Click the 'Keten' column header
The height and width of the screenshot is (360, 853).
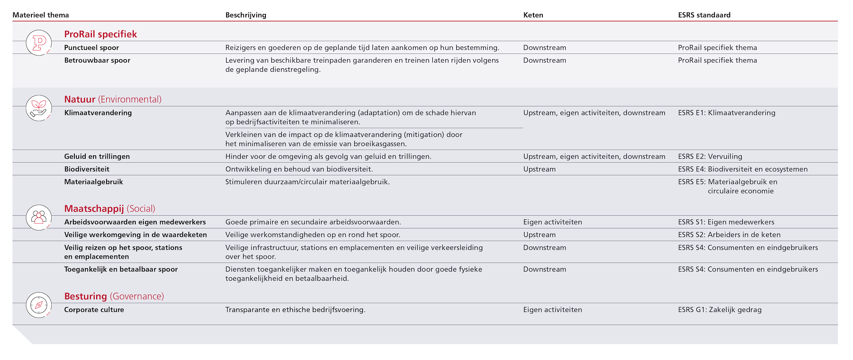533,15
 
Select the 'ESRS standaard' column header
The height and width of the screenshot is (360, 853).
704,15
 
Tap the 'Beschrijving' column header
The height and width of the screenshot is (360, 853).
246,15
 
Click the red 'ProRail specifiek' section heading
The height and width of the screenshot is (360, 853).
100,34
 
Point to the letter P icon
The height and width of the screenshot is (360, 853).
39,43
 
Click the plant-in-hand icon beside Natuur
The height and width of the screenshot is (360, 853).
39,108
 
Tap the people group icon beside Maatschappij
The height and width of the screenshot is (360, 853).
39,217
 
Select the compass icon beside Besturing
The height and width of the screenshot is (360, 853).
39,305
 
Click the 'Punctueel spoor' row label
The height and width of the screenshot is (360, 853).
92,48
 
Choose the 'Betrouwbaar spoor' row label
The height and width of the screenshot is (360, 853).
97,61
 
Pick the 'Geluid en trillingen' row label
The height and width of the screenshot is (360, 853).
97,157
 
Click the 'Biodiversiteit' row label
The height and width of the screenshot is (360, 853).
87,169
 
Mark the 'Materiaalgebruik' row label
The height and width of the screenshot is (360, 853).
93,182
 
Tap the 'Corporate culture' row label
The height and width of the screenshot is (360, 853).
94,310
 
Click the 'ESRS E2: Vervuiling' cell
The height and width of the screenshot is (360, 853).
710,157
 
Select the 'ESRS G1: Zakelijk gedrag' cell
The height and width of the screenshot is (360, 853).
720,310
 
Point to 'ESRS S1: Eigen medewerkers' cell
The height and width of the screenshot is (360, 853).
726,222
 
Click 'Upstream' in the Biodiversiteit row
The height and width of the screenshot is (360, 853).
539,169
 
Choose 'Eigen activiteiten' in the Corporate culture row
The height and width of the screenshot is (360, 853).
553,310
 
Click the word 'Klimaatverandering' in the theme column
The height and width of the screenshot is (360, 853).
98,113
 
